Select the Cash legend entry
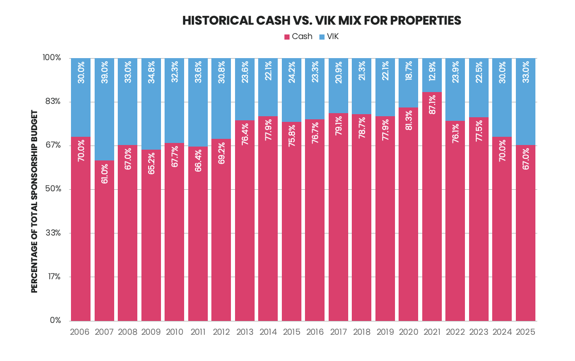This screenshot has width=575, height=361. (x=298, y=37)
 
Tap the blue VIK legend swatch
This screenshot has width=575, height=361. (x=322, y=37)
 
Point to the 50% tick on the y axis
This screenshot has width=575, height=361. (x=53, y=189)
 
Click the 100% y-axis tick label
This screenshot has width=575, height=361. (x=52, y=58)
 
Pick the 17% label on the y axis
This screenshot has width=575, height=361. (x=55, y=277)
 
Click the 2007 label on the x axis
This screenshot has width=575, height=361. (x=104, y=332)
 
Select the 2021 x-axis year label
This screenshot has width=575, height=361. (x=432, y=332)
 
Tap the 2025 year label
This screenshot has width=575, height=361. (x=526, y=332)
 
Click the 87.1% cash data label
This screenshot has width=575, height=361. (x=432, y=104)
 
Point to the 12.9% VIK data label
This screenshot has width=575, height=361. (x=432, y=72)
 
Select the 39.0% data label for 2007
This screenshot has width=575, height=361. (x=104, y=72)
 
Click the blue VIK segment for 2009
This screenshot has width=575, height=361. (x=151, y=104)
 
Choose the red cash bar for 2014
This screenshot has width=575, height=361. (x=268, y=219)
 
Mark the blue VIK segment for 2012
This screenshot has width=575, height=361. (x=221, y=99)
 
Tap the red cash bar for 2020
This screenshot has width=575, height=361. (x=408, y=214)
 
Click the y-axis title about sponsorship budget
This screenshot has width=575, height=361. (x=34, y=202)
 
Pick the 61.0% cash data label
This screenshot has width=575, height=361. (x=104, y=174)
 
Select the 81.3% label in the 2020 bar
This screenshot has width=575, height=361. (x=408, y=120)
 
